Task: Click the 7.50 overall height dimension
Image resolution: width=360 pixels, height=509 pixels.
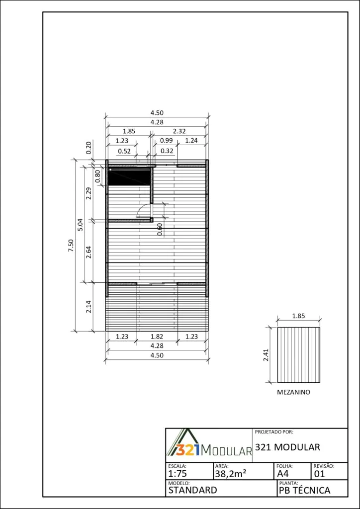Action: click(71, 246)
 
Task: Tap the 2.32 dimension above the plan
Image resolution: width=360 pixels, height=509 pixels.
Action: click(179, 131)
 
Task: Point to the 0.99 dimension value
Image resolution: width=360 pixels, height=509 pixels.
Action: click(166, 141)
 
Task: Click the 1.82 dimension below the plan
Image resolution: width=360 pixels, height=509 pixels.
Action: click(157, 337)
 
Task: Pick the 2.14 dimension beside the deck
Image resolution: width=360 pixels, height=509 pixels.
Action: click(89, 307)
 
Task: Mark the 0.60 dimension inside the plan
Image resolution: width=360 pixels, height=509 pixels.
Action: click(160, 230)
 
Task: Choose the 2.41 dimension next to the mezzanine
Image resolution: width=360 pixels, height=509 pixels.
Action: click(266, 355)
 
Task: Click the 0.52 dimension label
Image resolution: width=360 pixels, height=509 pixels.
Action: click(124, 151)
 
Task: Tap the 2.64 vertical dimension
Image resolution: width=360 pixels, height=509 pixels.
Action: click(89, 252)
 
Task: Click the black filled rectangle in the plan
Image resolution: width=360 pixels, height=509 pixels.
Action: click(129, 177)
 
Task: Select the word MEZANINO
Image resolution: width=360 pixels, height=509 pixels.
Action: click(293, 392)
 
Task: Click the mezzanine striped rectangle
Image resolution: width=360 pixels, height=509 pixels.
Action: click(299, 355)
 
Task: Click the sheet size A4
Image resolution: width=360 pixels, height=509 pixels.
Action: click(282, 474)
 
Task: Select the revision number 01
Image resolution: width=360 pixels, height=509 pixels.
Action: click(319, 474)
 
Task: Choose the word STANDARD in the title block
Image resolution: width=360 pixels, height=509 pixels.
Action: click(192, 490)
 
